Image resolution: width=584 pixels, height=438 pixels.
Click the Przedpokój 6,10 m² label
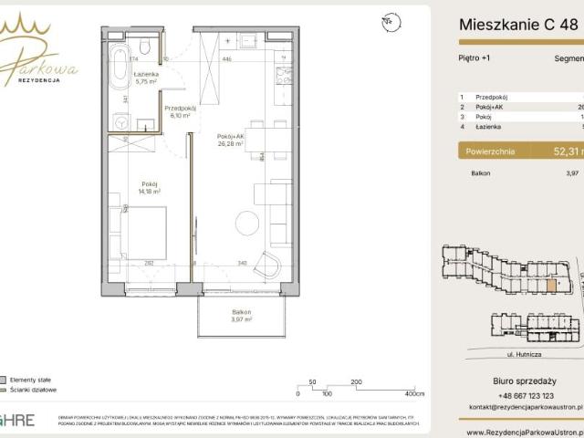click(181, 111)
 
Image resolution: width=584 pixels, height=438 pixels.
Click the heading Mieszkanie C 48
click(517, 24)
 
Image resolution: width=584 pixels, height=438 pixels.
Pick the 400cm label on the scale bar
click(414, 394)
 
